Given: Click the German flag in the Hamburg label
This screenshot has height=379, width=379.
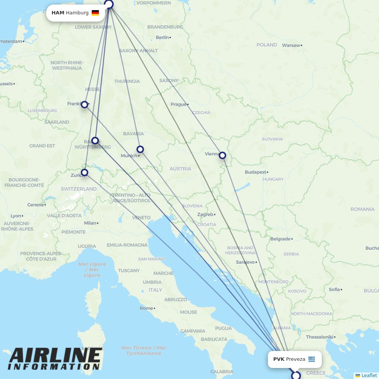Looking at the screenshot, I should pos(95,13).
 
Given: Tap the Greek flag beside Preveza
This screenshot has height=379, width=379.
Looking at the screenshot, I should pos(312,359).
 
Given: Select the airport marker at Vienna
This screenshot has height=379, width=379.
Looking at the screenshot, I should pos(222,155).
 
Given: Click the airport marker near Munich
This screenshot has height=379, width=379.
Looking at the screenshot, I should pos(140,149).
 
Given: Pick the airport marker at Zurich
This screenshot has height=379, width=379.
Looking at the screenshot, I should pos(85,172).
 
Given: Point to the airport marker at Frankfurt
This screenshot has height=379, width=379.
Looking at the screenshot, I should pos(85,104).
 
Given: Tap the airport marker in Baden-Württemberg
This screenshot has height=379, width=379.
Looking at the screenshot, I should pos(95,141).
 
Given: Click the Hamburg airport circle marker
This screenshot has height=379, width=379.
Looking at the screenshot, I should pos(109,4).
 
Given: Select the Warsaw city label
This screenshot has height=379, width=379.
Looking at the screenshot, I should pos(291,45).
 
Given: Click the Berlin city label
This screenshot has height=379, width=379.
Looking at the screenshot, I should pos(162,37).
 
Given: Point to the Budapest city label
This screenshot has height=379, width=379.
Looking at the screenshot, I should pos(255,172).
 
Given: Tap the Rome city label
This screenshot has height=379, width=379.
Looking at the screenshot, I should pos(146,308).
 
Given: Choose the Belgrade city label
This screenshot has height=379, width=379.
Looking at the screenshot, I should pos(280,239).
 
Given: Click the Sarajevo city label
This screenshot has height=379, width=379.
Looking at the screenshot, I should pos(245,262).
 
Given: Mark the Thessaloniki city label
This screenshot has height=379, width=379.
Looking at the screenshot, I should pos(319,337).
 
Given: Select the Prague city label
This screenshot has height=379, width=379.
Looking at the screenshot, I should pos(178,104).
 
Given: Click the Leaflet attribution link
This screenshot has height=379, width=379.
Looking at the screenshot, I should pos(369,375).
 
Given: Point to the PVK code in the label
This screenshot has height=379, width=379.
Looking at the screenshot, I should pos(279,359).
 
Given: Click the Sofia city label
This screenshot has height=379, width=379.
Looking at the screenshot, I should pos(334,289).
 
